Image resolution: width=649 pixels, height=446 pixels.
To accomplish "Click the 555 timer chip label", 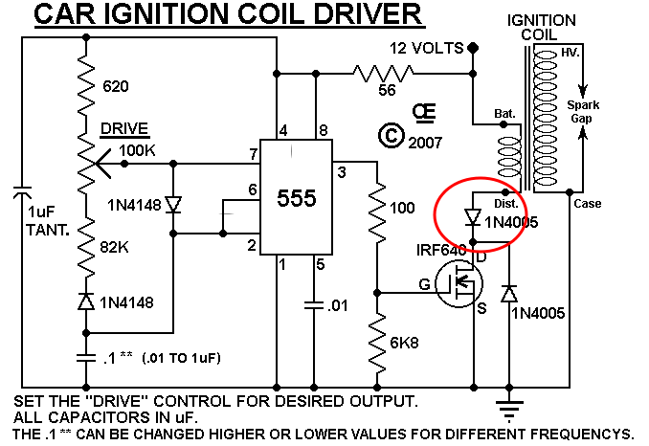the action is point(297,198).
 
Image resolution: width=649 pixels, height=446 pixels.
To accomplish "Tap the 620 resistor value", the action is point(116,86).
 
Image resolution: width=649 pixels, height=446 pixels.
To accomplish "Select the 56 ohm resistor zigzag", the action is point(383,74).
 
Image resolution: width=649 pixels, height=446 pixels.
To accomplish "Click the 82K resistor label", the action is point(114,247).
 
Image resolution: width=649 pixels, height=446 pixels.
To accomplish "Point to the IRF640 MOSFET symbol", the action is point(459,284).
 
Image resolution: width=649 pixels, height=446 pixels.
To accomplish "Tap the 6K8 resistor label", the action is point(404,343).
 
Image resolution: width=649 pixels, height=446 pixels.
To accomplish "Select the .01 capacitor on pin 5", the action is point(314,305).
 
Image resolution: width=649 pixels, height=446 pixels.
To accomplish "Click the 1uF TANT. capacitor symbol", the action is point(22,192).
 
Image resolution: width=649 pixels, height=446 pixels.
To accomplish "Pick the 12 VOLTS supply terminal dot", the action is point(473,48).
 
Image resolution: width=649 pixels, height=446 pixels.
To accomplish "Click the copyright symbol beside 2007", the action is point(391,135).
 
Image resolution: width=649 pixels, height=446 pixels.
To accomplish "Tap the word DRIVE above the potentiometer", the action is point(124,128).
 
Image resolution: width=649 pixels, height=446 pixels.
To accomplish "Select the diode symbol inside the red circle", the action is point(473,217).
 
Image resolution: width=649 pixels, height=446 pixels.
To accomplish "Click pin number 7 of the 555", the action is point(254,154).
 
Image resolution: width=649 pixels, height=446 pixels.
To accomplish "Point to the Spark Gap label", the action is point(583,112).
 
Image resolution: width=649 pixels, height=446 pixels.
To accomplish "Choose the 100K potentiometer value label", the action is point(137,150).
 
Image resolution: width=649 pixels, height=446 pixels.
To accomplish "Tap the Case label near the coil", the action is point(588,204).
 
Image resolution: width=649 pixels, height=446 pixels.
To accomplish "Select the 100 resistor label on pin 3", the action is point(402,208).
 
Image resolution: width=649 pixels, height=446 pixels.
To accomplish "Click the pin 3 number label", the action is point(342,172).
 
